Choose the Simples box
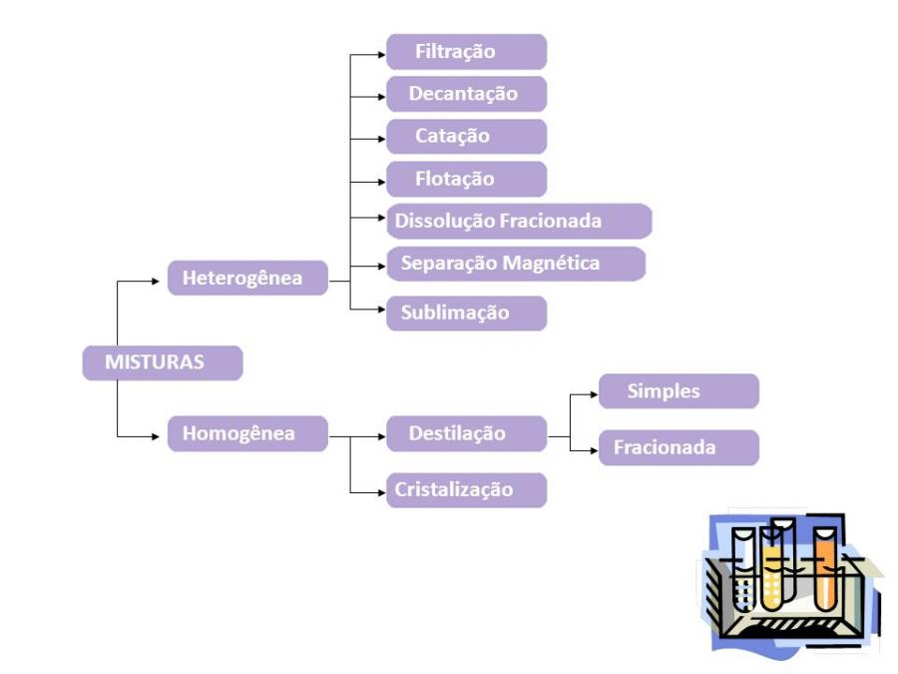[678, 391]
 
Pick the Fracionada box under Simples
[678, 447]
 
